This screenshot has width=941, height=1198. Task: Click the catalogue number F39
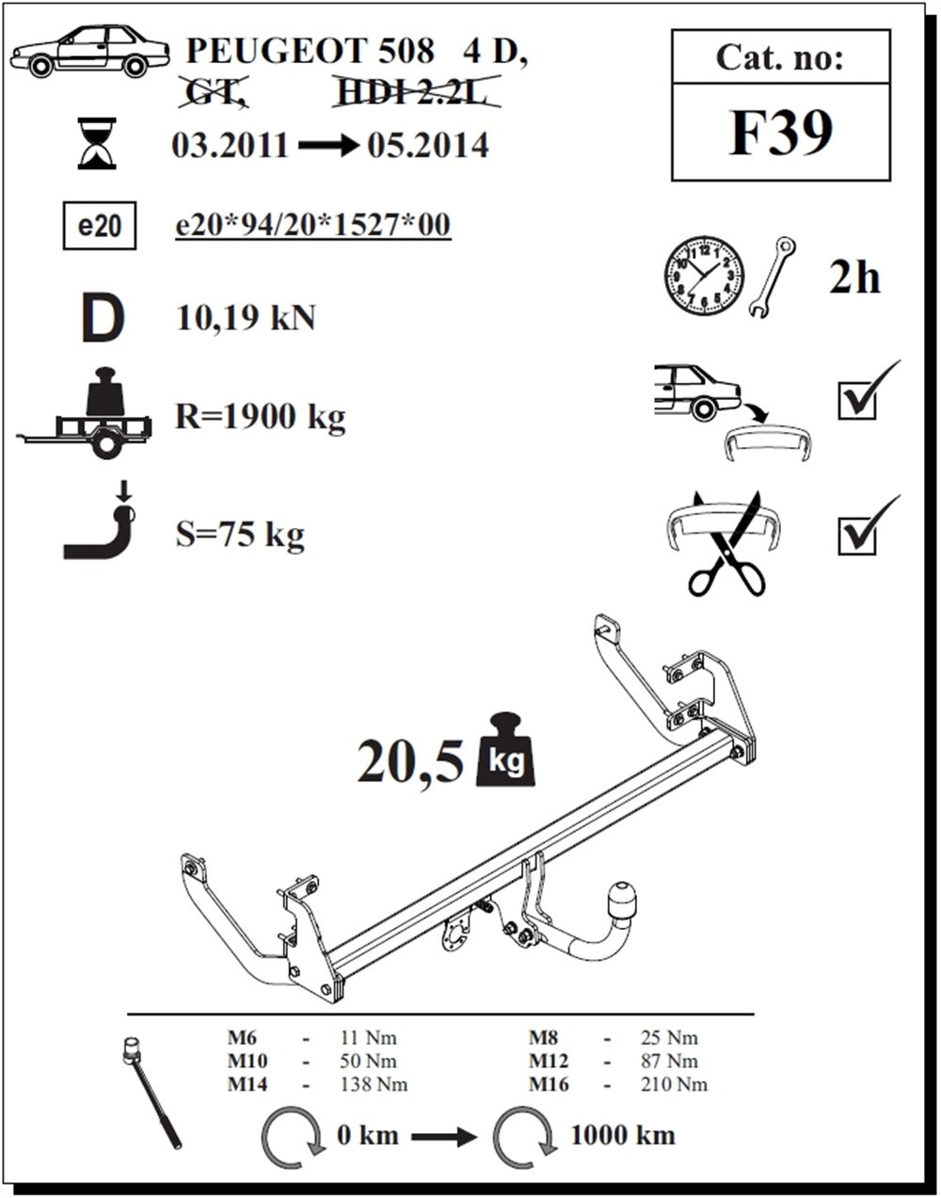pyautogui.click(x=781, y=134)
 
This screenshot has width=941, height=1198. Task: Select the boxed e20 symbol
pyautogui.click(x=99, y=228)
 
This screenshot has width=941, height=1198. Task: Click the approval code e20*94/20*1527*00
pyautogui.click(x=313, y=226)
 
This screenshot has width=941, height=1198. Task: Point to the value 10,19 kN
pyautogui.click(x=246, y=318)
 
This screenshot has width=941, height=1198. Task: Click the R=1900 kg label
pyautogui.click(x=261, y=415)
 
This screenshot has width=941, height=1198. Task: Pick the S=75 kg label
pyautogui.click(x=240, y=535)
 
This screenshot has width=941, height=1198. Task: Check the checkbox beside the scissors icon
pyautogui.click(x=857, y=534)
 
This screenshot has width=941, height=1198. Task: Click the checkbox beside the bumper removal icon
pyautogui.click(x=857, y=399)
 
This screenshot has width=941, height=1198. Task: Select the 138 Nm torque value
pyautogui.click(x=374, y=1084)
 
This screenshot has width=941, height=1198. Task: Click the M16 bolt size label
pyautogui.click(x=549, y=1084)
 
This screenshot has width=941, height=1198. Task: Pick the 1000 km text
pyautogui.click(x=623, y=1135)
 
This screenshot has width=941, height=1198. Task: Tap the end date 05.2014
pyautogui.click(x=428, y=146)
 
